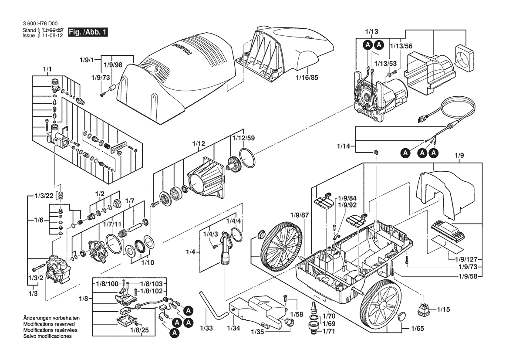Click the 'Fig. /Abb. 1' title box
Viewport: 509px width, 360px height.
click(x=88, y=33)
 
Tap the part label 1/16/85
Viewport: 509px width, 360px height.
click(x=307, y=78)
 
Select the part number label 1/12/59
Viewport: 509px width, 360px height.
click(x=243, y=138)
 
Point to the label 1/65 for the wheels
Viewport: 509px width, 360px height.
click(x=418, y=329)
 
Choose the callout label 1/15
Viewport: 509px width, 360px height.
click(x=443, y=309)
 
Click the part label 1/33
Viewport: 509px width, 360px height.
click(x=206, y=328)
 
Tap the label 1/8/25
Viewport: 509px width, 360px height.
click(x=139, y=330)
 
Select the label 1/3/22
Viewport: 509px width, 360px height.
click(x=44, y=196)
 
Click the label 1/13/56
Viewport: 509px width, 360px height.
click(x=401, y=46)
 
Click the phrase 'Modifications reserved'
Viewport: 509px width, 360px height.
click(x=49, y=324)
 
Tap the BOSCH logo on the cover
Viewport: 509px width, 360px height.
click(x=182, y=49)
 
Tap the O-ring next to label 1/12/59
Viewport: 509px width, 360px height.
click(x=247, y=158)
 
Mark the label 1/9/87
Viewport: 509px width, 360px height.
click(x=300, y=215)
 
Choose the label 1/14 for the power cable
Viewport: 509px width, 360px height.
click(x=344, y=146)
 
